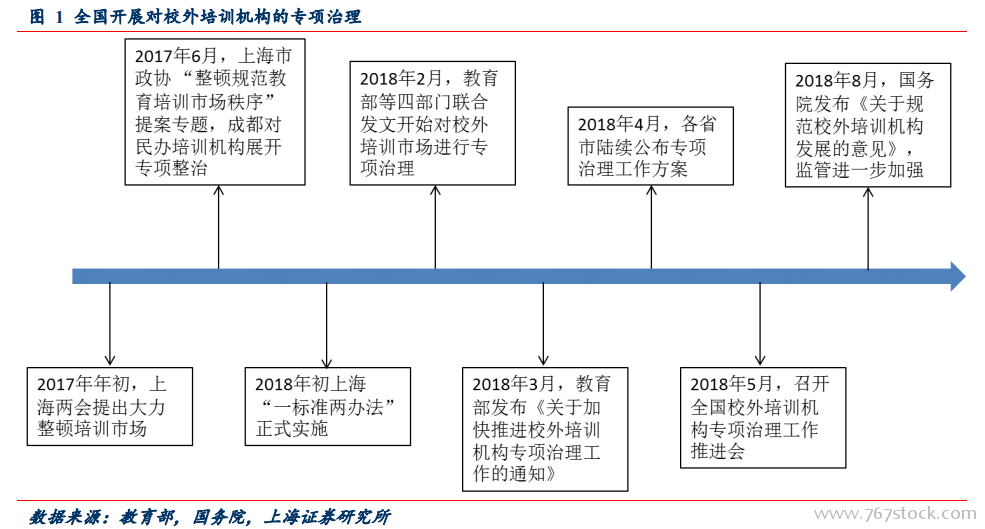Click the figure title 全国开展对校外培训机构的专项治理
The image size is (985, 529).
(217, 16)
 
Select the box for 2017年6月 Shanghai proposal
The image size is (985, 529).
(215, 112)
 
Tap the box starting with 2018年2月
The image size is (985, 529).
(432, 123)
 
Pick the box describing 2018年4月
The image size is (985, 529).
(650, 146)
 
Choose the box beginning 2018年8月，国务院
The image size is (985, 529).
(868, 125)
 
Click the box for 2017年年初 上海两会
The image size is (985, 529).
(109, 406)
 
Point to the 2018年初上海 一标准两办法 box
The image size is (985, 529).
(327, 406)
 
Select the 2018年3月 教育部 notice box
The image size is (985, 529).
(545, 429)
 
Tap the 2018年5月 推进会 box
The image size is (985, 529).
(763, 418)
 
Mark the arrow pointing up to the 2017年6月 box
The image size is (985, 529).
(219, 227)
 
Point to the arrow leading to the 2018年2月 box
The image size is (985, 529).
(435, 227)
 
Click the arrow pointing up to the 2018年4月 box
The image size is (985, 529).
(651, 227)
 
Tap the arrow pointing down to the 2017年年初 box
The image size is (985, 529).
(110, 324)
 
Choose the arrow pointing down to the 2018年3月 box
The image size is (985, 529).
(543, 324)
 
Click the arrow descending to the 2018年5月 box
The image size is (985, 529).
(760, 324)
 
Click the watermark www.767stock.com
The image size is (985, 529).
(895, 514)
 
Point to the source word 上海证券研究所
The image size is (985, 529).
(327, 517)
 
